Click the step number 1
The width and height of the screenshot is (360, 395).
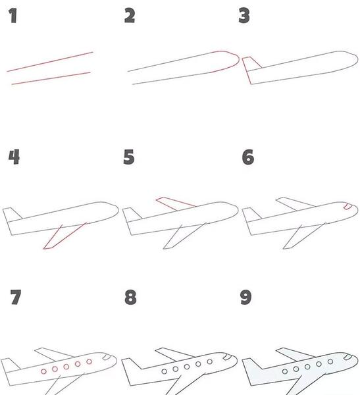[x=13, y=16]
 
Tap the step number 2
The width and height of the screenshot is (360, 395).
[x=130, y=16]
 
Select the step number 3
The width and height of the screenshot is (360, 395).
[x=244, y=16]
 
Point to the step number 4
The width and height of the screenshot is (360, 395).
[x=14, y=157]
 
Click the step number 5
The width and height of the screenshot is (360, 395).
[x=129, y=157]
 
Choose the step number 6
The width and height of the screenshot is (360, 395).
[x=248, y=157]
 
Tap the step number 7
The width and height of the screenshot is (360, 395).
[x=16, y=297]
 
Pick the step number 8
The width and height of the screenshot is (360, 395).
[x=130, y=298]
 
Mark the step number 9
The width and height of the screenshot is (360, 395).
[x=245, y=298]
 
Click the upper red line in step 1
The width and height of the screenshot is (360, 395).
[x=50, y=62]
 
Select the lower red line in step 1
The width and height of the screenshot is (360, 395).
[x=51, y=78]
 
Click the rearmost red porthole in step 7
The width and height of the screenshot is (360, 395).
[x=43, y=371]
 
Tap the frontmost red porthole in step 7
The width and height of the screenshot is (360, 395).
[x=89, y=361]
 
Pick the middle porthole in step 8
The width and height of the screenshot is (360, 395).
[x=187, y=367]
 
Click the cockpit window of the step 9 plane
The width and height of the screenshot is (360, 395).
[x=348, y=357]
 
